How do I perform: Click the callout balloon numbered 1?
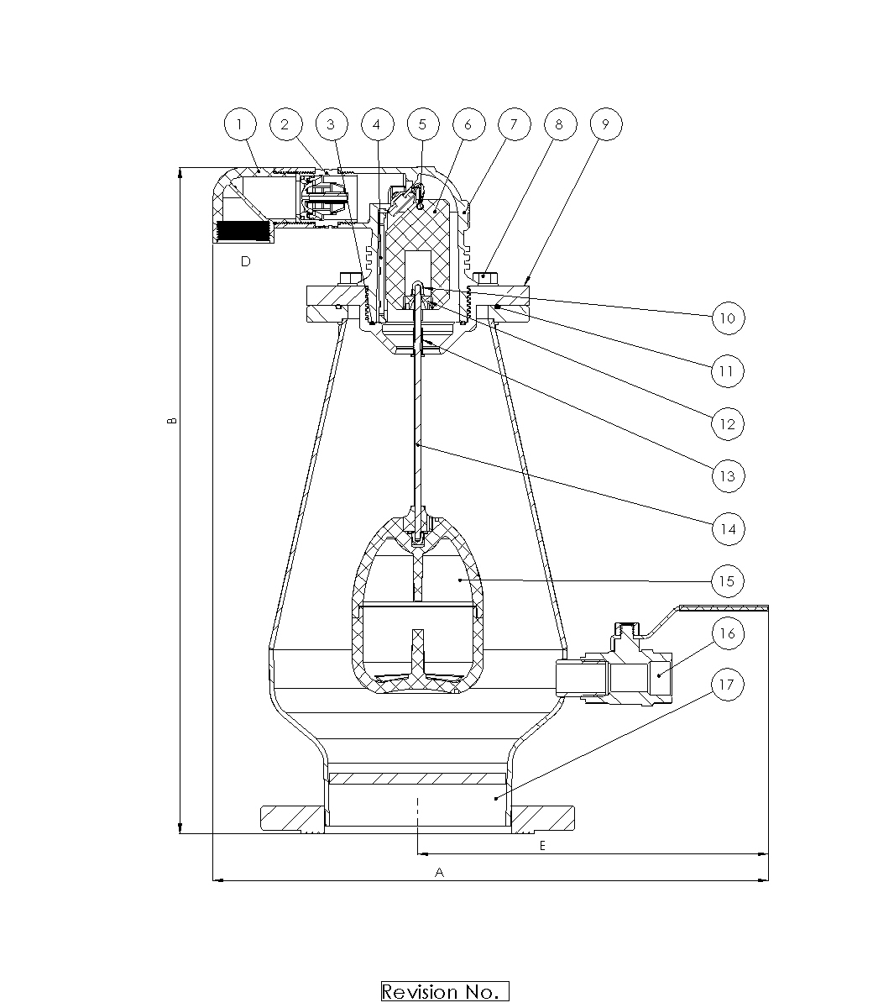[x=240, y=124]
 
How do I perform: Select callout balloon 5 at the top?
[x=422, y=124]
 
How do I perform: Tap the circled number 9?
[x=606, y=124]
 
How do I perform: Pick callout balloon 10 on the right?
[x=728, y=318]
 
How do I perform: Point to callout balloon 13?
[x=728, y=476]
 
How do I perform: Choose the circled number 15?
[x=728, y=581]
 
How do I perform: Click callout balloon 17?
[x=728, y=685]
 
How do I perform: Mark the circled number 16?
[x=728, y=633]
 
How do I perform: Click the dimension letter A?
[x=439, y=873]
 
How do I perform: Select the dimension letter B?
[x=171, y=420]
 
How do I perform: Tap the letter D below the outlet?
[x=246, y=262]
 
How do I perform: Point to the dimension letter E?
[x=542, y=846]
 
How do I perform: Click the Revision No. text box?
[x=445, y=991]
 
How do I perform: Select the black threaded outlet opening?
[x=242, y=231]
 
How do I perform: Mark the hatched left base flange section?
[x=292, y=818]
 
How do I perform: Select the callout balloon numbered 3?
[x=332, y=124]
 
